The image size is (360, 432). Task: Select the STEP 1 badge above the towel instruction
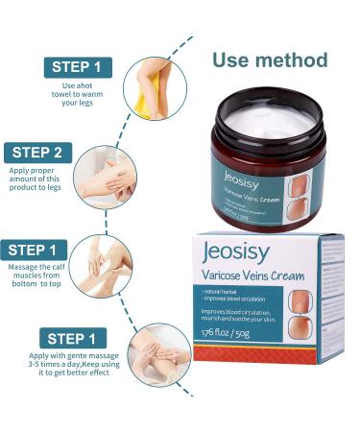point(74,67)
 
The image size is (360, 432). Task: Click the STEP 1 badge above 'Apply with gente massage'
point(74,339)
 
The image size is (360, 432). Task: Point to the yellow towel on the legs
point(143,100)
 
